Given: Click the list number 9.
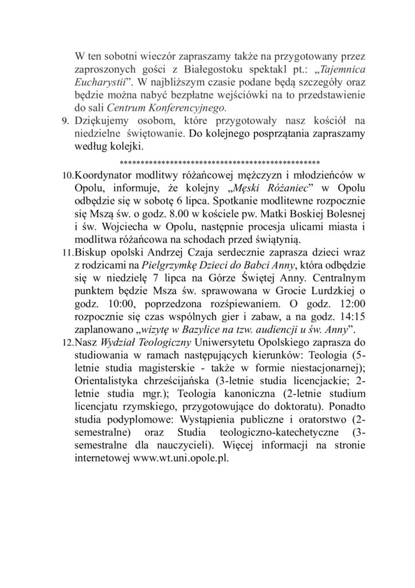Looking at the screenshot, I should pyautogui.click(x=64, y=123).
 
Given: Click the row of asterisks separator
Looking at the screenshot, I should pyautogui.click(x=218, y=161).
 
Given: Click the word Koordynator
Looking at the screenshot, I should pyautogui.click(x=107, y=174).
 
